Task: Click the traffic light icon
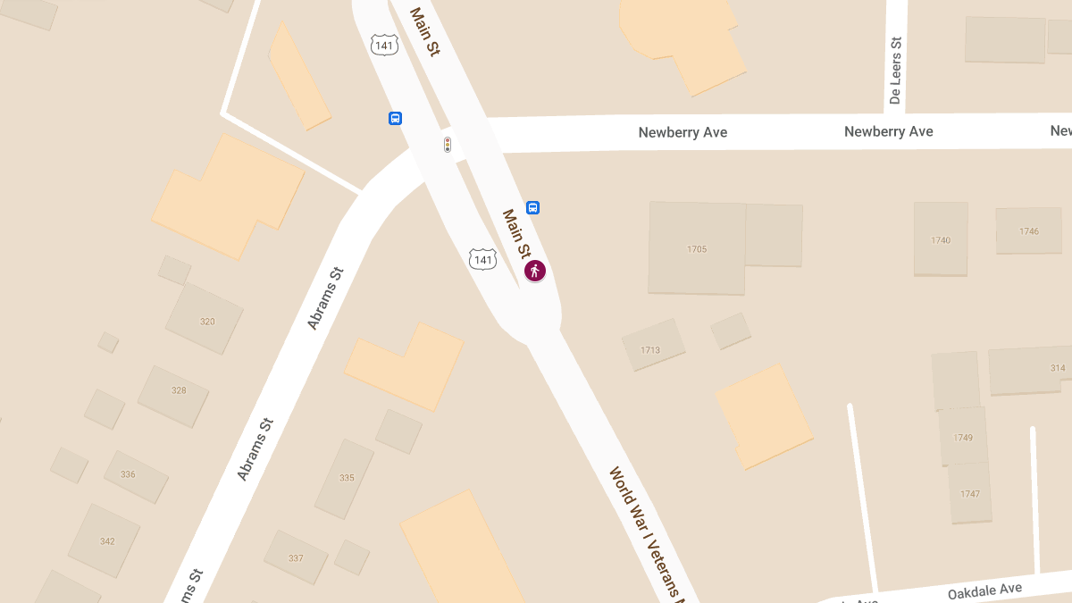click(x=448, y=145)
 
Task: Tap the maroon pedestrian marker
click(x=535, y=271)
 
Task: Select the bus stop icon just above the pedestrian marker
click(x=532, y=208)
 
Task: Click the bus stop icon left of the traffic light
click(x=395, y=118)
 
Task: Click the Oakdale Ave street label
click(x=984, y=590)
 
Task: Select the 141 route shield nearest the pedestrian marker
click(x=482, y=260)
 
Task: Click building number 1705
click(x=697, y=249)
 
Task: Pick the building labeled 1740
click(x=941, y=240)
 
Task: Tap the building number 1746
click(x=1029, y=231)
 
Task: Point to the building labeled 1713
click(x=650, y=350)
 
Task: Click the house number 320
click(x=207, y=322)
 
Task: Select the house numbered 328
click(x=179, y=390)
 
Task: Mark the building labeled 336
click(x=128, y=474)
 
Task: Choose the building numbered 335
click(x=347, y=478)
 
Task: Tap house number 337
click(x=296, y=558)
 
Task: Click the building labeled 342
click(x=107, y=541)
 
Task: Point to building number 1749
click(x=963, y=438)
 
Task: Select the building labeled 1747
click(x=970, y=494)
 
